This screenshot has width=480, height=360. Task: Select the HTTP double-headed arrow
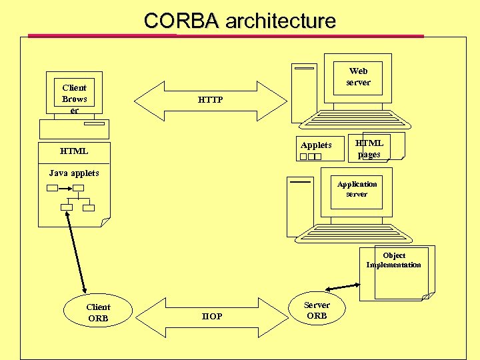(211, 100)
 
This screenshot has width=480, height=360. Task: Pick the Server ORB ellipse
(316, 311)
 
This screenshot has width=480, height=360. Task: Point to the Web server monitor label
(358, 77)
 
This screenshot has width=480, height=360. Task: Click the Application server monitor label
(357, 189)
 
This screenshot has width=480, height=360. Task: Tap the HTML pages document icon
(371, 148)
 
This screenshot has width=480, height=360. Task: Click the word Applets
(316, 145)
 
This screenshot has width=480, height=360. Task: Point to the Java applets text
(74, 173)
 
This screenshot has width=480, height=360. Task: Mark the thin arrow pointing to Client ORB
(77, 253)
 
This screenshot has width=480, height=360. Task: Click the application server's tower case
(300, 207)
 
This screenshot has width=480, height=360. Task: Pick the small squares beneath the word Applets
(311, 157)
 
